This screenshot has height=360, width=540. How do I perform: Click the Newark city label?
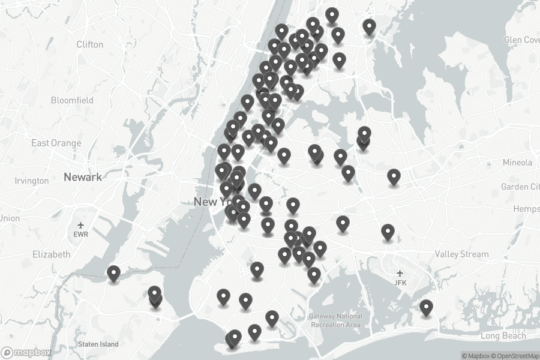[x=83, y=177]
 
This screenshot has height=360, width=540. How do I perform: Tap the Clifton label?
[x=90, y=44]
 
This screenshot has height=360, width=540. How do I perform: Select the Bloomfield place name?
[x=73, y=100]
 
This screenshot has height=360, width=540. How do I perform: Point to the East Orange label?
[x=56, y=143]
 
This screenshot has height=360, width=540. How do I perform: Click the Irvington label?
[x=31, y=181]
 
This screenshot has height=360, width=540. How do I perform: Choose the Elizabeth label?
[x=52, y=254]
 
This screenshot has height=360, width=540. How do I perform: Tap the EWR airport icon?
[x=80, y=226]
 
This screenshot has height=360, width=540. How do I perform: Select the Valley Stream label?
[x=462, y=254]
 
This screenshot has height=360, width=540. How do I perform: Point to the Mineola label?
[x=517, y=163]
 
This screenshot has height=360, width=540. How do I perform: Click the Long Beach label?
[x=502, y=336]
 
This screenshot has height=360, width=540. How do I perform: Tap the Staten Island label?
[x=98, y=344]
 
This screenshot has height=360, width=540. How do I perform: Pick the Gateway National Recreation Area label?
[x=336, y=320]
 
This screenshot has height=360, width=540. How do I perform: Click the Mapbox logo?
[x=26, y=353]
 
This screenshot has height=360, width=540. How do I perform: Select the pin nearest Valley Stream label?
[x=388, y=231]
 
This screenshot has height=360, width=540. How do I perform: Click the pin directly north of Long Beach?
[x=426, y=307]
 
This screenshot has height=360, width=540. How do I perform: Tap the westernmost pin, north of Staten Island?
[x=113, y=273]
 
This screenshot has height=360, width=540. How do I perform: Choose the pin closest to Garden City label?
[x=394, y=176]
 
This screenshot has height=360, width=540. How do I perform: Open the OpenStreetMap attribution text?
[x=515, y=356]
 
